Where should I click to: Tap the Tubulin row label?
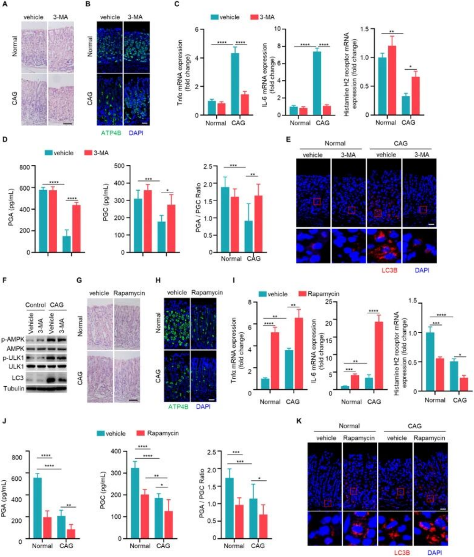14,389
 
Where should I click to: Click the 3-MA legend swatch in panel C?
254,17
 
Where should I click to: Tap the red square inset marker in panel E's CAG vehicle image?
377,213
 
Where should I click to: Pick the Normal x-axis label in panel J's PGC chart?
140,546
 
